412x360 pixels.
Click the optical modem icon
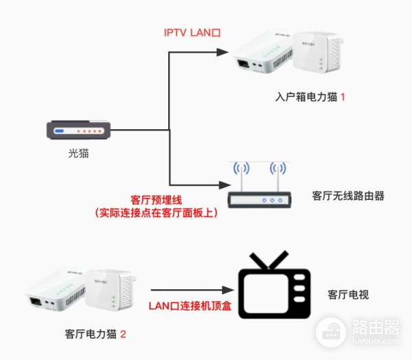pyautogui.click(x=78, y=131)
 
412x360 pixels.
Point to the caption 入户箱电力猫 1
pyautogui.click(x=310, y=97)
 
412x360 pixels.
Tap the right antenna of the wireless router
pyautogui.click(x=277, y=171)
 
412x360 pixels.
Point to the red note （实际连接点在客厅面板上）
pyautogui.click(x=156, y=214)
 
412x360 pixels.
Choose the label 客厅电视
pyautogui.click(x=349, y=295)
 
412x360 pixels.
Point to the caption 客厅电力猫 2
pyautogui.click(x=95, y=335)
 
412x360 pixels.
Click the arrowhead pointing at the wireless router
pyautogui.click(x=221, y=185)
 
